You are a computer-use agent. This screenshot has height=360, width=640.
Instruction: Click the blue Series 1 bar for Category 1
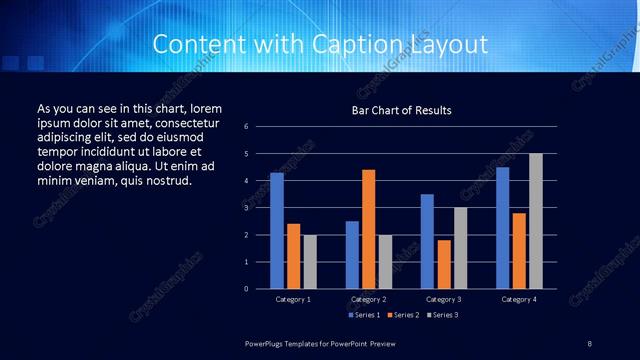(x=277, y=231)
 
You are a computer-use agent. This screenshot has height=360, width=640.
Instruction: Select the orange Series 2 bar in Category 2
(x=368, y=229)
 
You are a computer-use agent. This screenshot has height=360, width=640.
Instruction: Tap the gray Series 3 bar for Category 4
(x=536, y=221)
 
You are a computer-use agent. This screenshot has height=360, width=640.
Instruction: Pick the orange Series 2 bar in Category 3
(x=444, y=264)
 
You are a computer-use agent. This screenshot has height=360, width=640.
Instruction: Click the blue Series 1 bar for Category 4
(x=503, y=228)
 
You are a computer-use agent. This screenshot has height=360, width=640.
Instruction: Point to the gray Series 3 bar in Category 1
(x=309, y=262)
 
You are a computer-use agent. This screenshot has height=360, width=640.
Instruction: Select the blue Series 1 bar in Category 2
(x=352, y=255)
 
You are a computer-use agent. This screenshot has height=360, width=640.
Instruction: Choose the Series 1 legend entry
(x=364, y=315)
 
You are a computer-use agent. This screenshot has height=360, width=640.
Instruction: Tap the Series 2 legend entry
(x=402, y=315)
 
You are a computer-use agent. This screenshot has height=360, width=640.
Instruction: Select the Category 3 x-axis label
(x=444, y=299)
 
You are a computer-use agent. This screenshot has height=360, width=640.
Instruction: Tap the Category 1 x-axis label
(x=293, y=299)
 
